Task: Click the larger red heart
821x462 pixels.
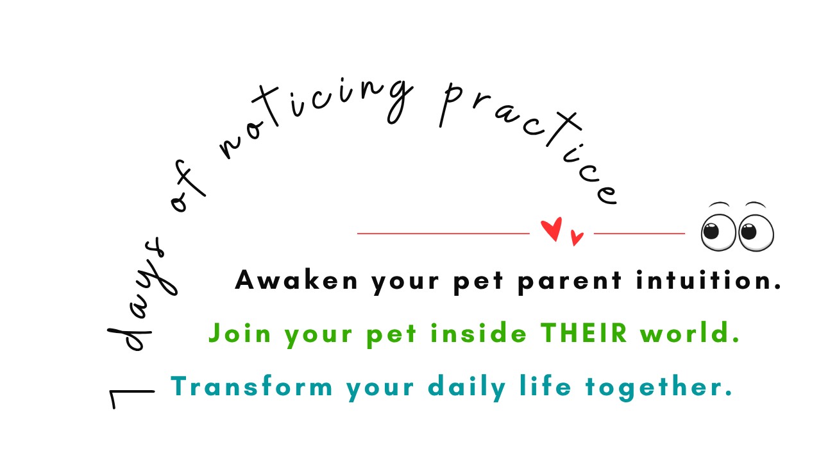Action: point(552,229)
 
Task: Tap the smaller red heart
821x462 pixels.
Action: point(577,238)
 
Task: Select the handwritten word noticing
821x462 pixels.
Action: point(307,122)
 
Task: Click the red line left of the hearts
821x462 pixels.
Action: point(443,234)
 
